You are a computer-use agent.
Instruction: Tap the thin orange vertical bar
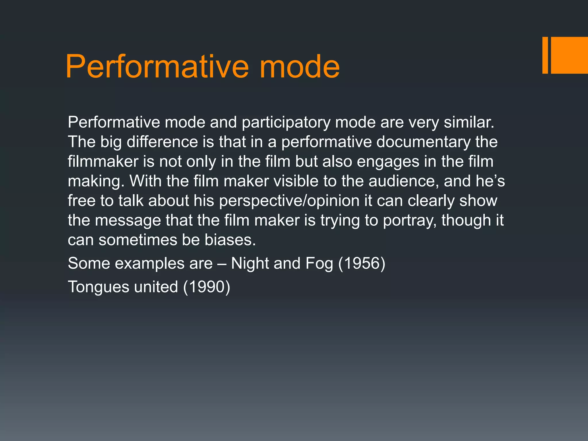pos(545,55)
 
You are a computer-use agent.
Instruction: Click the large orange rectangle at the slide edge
pos(569,55)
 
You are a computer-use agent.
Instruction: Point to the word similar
pos(469,123)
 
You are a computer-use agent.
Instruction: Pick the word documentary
pos(423,142)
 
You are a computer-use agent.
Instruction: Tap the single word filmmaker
pos(103,161)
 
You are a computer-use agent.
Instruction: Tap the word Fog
pos(319,264)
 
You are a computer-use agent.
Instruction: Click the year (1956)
pos(362,264)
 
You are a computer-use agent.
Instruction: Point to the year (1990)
pos(207,287)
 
